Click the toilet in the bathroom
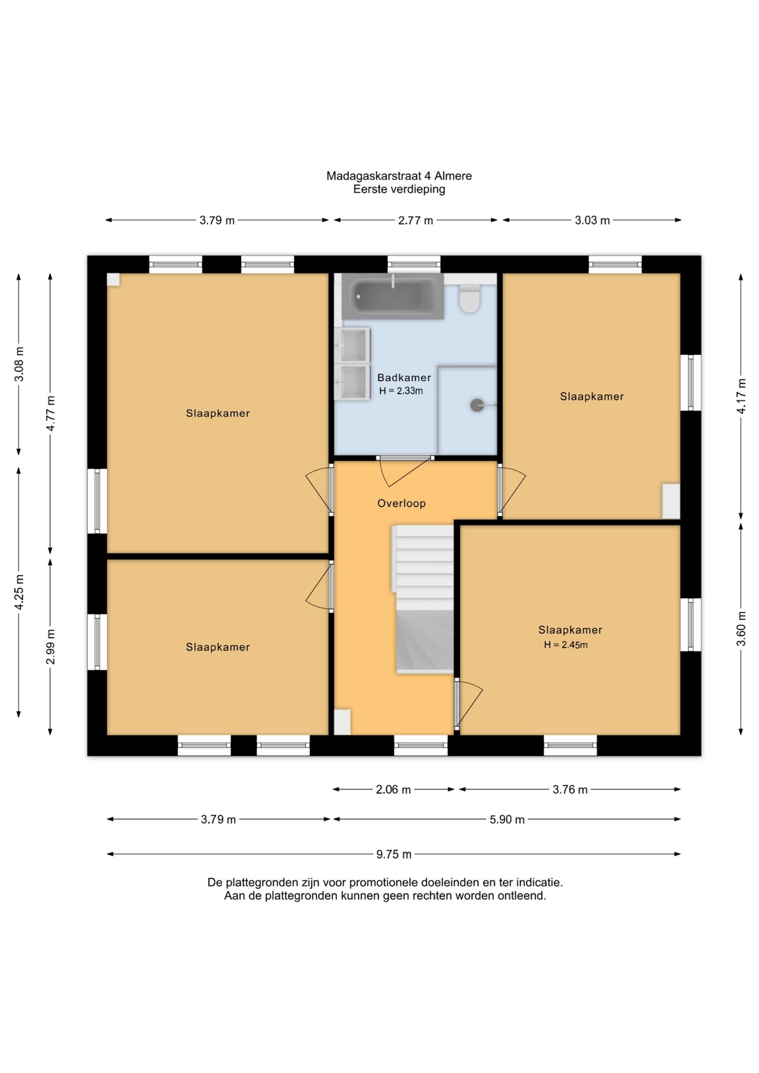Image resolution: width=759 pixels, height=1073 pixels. (x=470, y=299)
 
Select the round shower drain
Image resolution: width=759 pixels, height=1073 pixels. (x=477, y=405)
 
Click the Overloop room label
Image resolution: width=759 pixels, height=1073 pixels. (x=401, y=503)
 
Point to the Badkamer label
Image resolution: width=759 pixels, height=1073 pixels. (x=404, y=377)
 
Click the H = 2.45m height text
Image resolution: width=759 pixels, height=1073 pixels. (x=565, y=645)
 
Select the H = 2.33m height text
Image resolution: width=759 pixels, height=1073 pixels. (x=401, y=391)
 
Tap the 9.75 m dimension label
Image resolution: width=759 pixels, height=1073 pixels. (x=394, y=854)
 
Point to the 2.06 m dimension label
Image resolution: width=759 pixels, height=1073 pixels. (x=393, y=790)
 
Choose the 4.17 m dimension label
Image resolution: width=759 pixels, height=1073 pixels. (x=741, y=396)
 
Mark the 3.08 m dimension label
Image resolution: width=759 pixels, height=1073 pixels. (x=19, y=364)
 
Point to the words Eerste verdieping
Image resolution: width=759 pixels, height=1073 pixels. (x=399, y=190)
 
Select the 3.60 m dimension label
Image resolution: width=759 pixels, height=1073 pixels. (x=741, y=628)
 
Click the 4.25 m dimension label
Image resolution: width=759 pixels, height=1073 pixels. (x=19, y=592)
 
